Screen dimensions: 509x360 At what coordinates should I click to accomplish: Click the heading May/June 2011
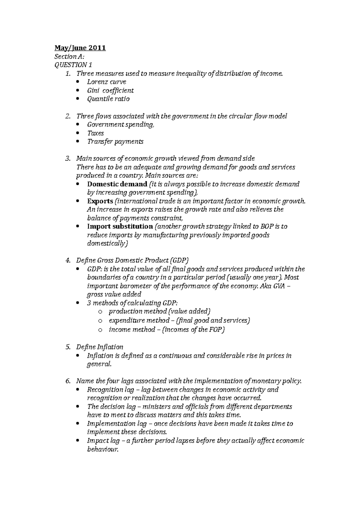pos(80,48)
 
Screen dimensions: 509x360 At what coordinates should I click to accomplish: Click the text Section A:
pos(65,56)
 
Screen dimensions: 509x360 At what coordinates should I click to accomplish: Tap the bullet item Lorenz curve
pos(106,82)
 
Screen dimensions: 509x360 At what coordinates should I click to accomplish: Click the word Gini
pos(93,91)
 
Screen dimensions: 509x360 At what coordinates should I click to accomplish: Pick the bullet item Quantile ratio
pos(108,99)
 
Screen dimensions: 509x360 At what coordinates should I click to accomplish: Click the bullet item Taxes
pos(95,133)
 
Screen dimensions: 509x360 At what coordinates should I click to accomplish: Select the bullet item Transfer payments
pos(115,141)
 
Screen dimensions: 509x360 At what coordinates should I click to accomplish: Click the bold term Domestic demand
pos(117,184)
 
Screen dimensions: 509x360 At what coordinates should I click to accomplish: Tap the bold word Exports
pos(100,201)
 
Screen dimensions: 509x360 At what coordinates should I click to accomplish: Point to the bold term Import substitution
pos(120,227)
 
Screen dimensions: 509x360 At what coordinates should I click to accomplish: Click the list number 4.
pos(67,260)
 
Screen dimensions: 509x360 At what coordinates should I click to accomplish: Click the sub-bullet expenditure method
pos(139,320)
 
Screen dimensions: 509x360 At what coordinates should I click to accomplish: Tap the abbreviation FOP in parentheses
pos(215,330)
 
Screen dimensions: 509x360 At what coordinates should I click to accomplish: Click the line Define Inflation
pos(100,347)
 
